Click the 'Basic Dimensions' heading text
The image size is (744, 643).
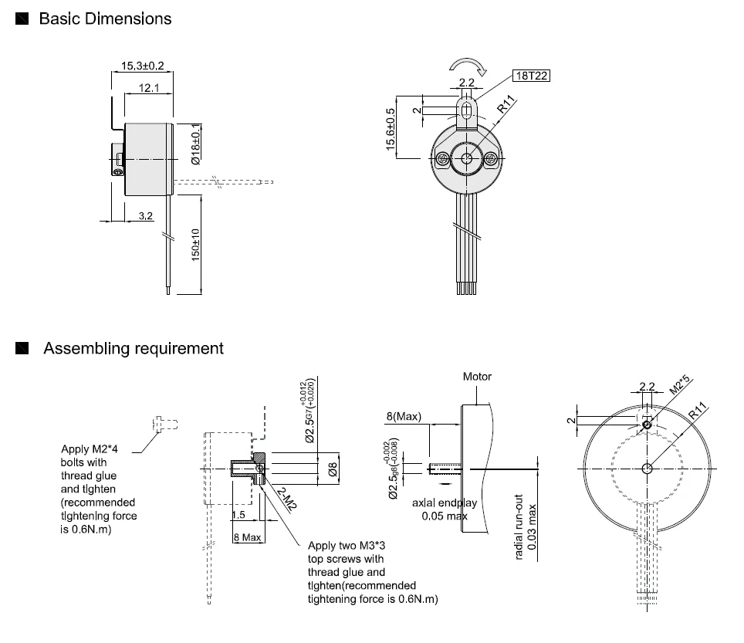pos(105,19)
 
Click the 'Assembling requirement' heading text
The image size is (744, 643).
pos(134,348)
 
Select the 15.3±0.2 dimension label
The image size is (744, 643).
pos(142,66)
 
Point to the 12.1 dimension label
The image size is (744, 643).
pos(149,88)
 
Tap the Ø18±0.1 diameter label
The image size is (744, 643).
pos(196,144)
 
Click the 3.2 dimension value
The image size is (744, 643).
pos(146,216)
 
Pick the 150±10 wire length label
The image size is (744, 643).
pos(195,245)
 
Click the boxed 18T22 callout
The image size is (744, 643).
pos(532,76)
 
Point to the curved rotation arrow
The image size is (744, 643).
pos(468,66)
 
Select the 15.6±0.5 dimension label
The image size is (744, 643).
pos(391,130)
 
